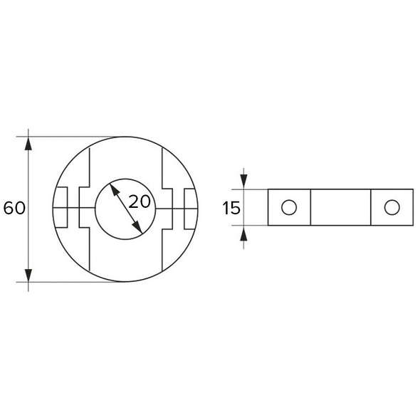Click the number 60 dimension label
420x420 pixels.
[14, 209]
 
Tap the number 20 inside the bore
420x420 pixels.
[140, 201]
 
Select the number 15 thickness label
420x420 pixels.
[231, 208]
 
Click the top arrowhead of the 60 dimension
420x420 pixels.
[28, 143]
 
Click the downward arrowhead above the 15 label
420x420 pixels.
[244, 183]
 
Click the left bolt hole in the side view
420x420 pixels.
[288, 207]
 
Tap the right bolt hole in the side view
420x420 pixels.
[390, 207]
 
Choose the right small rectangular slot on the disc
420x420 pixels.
[189, 208]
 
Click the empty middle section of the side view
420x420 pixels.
[340, 207]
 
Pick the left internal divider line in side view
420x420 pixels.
[311, 207]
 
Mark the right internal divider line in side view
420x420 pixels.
[371, 207]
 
